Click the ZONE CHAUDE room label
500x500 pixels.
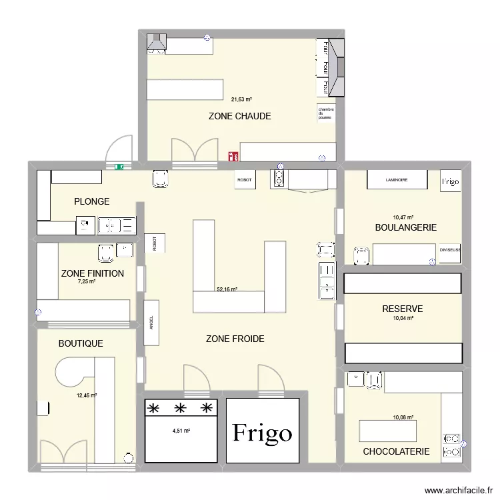pyautogui.click(x=239, y=116)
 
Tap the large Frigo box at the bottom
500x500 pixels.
pyautogui.click(x=262, y=432)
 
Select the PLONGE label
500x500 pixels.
pyautogui.click(x=92, y=201)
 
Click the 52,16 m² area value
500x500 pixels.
pyautogui.click(x=227, y=290)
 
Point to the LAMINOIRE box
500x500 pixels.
pyautogui.click(x=396, y=180)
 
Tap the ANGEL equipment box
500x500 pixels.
pyautogui.click(x=152, y=323)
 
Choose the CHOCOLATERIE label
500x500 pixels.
pyautogui.click(x=396, y=451)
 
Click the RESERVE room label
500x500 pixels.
pyautogui.click(x=402, y=309)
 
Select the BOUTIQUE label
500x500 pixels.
pyautogui.click(x=81, y=343)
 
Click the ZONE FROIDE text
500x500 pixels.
pyautogui.click(x=235, y=339)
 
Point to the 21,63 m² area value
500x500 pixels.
pyautogui.click(x=241, y=100)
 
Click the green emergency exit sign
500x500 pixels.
pyautogui.click(x=119, y=167)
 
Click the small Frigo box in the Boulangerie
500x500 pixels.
pyautogui.click(x=451, y=181)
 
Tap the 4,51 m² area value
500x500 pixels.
pyautogui.click(x=181, y=431)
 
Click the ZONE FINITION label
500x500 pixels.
pyautogui.click(x=92, y=273)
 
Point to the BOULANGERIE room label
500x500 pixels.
pyautogui.click(x=405, y=227)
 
